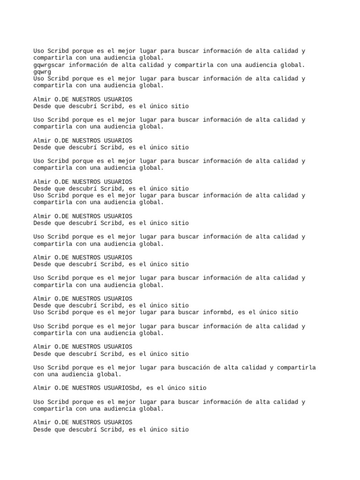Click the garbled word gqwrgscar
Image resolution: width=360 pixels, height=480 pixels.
point(49,65)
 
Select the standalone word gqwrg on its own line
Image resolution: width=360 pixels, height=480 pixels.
point(42,72)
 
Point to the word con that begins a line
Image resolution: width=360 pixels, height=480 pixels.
point(39,375)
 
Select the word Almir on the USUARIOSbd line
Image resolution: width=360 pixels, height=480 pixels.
point(42,388)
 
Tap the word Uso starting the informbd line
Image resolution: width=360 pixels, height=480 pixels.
point(39,312)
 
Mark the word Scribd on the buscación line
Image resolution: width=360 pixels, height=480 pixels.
point(58,367)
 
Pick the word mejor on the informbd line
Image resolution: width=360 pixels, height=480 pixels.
point(127,312)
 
